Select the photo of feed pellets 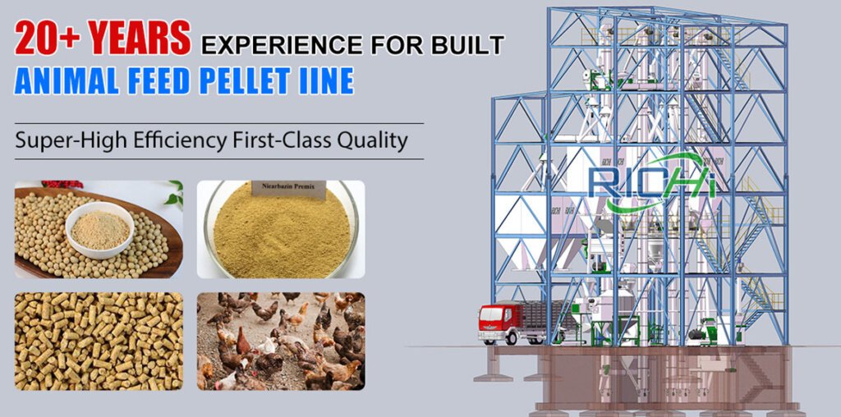point(99,341)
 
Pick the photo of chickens point(280,341)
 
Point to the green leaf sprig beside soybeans point(173,194)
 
